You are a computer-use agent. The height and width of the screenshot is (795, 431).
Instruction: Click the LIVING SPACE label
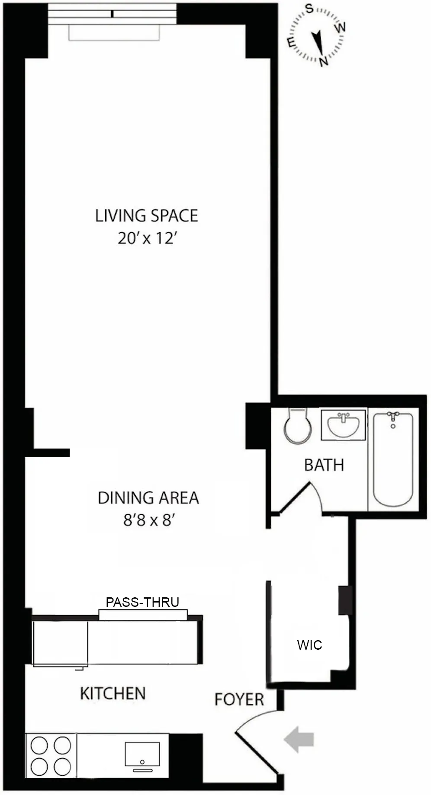(x=146, y=216)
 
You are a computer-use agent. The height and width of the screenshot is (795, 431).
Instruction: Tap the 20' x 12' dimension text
(x=146, y=238)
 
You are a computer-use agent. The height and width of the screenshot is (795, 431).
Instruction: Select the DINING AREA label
(x=148, y=498)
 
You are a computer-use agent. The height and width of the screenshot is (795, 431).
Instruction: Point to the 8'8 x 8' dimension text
(x=148, y=520)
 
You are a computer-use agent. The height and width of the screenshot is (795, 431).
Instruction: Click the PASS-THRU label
(x=142, y=602)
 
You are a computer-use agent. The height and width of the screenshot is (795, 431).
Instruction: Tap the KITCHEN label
(x=113, y=694)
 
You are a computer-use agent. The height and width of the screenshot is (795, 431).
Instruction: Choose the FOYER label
(x=239, y=699)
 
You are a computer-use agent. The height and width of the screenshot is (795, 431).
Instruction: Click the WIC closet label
(x=309, y=645)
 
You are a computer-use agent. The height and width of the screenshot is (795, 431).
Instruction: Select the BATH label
(x=324, y=465)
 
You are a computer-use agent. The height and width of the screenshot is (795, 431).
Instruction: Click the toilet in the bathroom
(x=298, y=426)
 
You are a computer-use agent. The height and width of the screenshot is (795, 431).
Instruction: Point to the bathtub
(x=393, y=459)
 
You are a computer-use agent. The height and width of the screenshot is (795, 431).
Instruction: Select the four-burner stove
(x=51, y=756)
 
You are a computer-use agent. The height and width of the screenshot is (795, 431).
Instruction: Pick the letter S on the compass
(x=309, y=8)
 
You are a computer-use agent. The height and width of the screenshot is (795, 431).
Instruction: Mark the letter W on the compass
(x=341, y=27)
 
